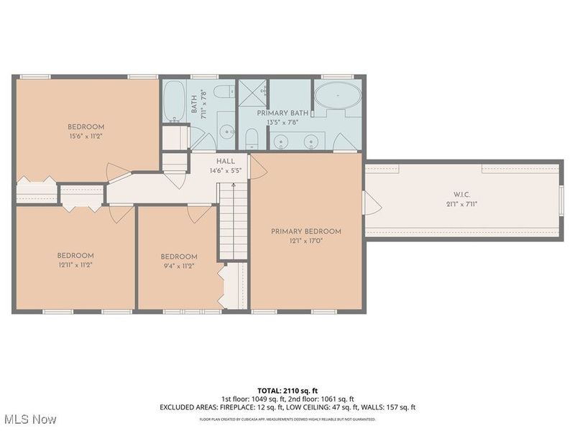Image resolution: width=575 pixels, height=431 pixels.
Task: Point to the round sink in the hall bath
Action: coord(226,132)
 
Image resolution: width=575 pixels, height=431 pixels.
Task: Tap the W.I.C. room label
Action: coord(461,194)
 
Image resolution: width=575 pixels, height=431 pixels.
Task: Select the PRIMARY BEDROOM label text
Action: coord(305,231)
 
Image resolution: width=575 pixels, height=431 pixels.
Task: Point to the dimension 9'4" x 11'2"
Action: coord(178,266)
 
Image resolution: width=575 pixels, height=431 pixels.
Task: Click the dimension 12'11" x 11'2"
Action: coord(75,265)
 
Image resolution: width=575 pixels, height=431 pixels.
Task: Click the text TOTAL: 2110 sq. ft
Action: coord(287,390)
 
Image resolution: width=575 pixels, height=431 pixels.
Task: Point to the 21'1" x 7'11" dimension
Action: coord(461,204)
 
